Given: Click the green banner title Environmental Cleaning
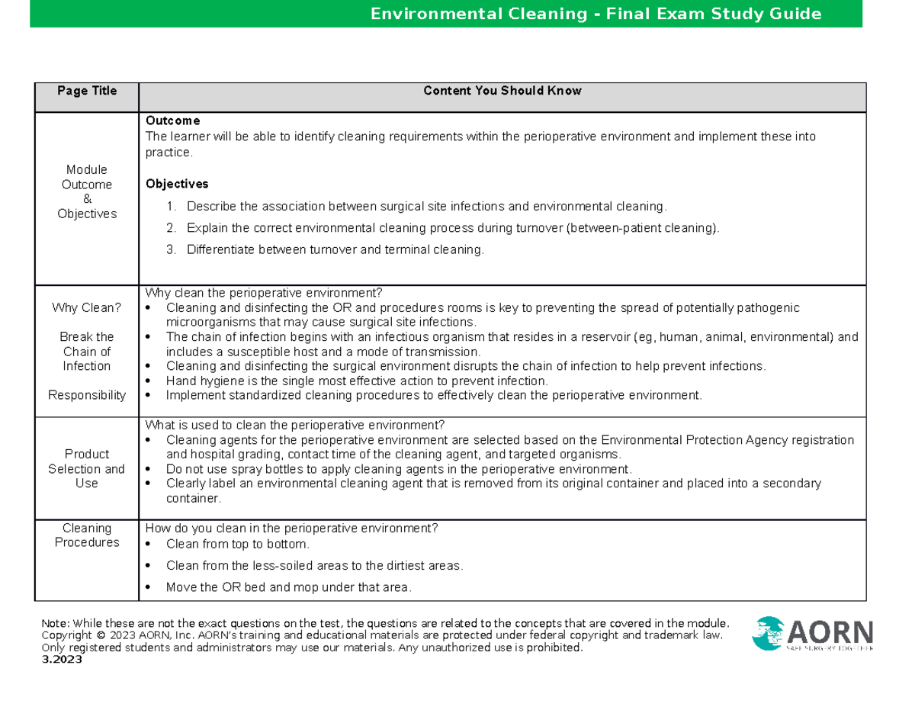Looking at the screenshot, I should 596,14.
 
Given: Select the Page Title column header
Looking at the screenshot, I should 87,91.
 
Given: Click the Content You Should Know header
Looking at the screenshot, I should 502,91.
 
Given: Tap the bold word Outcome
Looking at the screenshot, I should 172,121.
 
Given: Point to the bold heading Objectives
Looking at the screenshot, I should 177,184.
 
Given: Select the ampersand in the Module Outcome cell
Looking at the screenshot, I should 87,199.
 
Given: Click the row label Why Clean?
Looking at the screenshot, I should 87,308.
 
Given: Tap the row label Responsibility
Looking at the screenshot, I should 87,395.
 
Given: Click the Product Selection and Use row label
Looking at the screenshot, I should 87,468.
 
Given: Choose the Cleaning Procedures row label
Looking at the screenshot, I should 87,535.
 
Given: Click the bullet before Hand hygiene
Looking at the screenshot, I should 149,381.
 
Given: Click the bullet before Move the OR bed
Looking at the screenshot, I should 149,587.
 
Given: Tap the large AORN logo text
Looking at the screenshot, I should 829,632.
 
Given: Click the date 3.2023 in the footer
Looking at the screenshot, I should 63,660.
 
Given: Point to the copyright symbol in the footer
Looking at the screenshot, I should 100,635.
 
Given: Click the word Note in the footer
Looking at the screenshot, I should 58,622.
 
